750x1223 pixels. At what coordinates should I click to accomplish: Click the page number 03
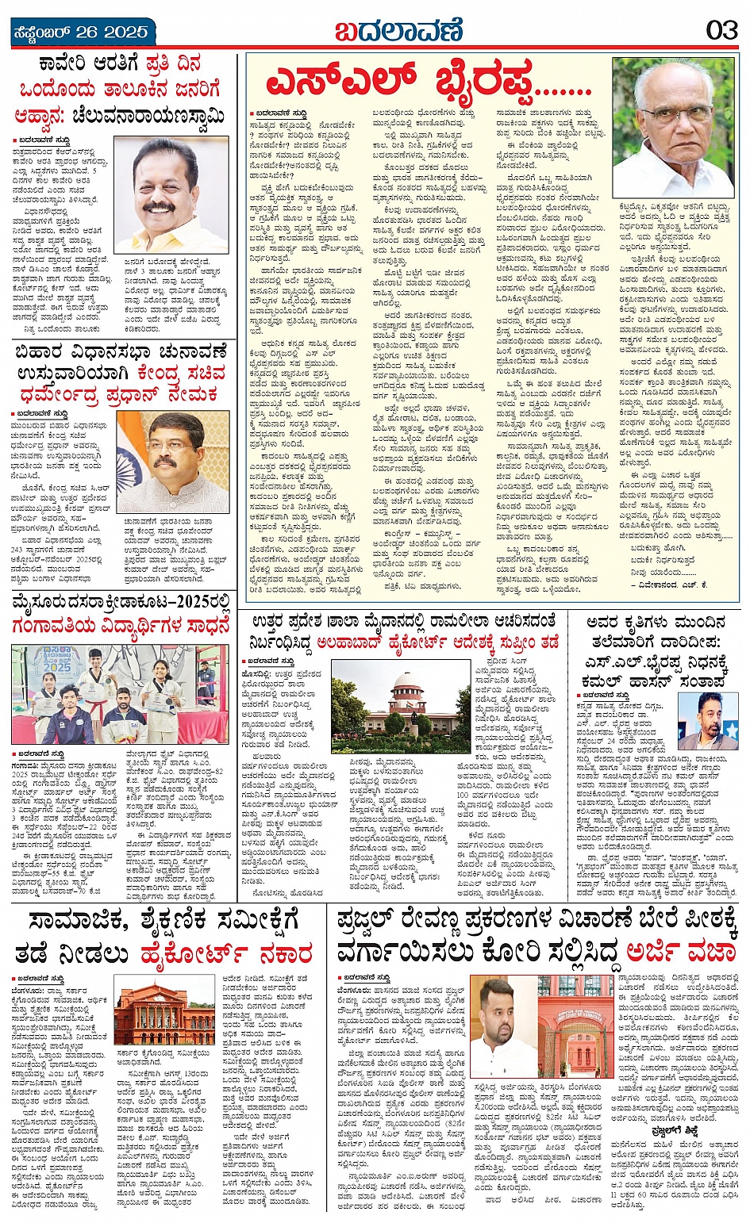point(721,31)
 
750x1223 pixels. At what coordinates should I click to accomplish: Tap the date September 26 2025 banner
point(80,33)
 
